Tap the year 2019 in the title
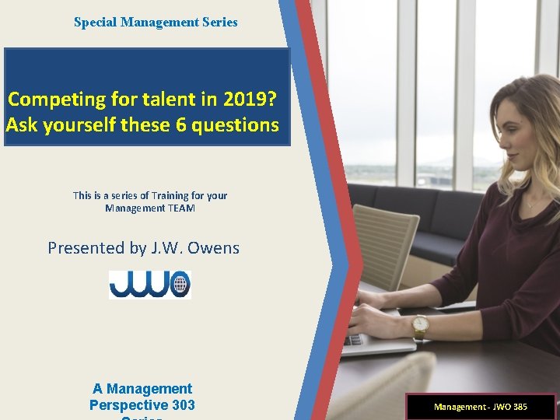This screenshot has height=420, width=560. point(244,99)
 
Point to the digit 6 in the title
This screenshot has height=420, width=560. point(181,124)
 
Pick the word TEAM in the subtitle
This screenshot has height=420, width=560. point(182,208)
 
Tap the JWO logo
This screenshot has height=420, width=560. point(149,284)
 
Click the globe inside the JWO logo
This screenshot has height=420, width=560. point(180,284)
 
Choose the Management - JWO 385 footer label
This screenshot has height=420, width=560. point(480,407)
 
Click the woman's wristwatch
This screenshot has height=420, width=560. point(420,325)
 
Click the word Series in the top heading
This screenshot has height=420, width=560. point(219,23)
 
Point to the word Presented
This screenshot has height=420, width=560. point(85,248)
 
